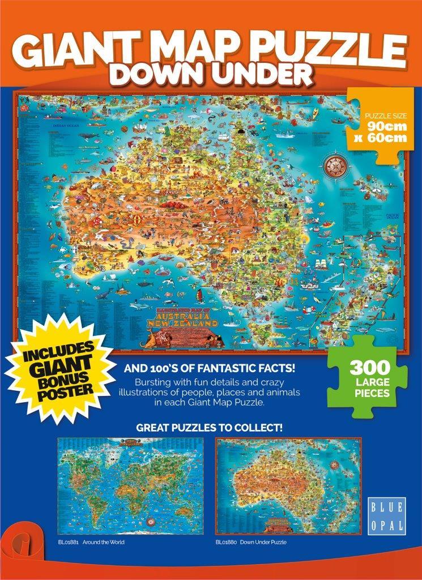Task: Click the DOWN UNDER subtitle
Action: pos(211,76)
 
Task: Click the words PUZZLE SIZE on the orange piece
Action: pos(385,117)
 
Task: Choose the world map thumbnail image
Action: pos(131,485)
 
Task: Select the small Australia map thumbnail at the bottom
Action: pos(288,485)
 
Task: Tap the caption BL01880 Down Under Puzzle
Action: pos(251,542)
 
